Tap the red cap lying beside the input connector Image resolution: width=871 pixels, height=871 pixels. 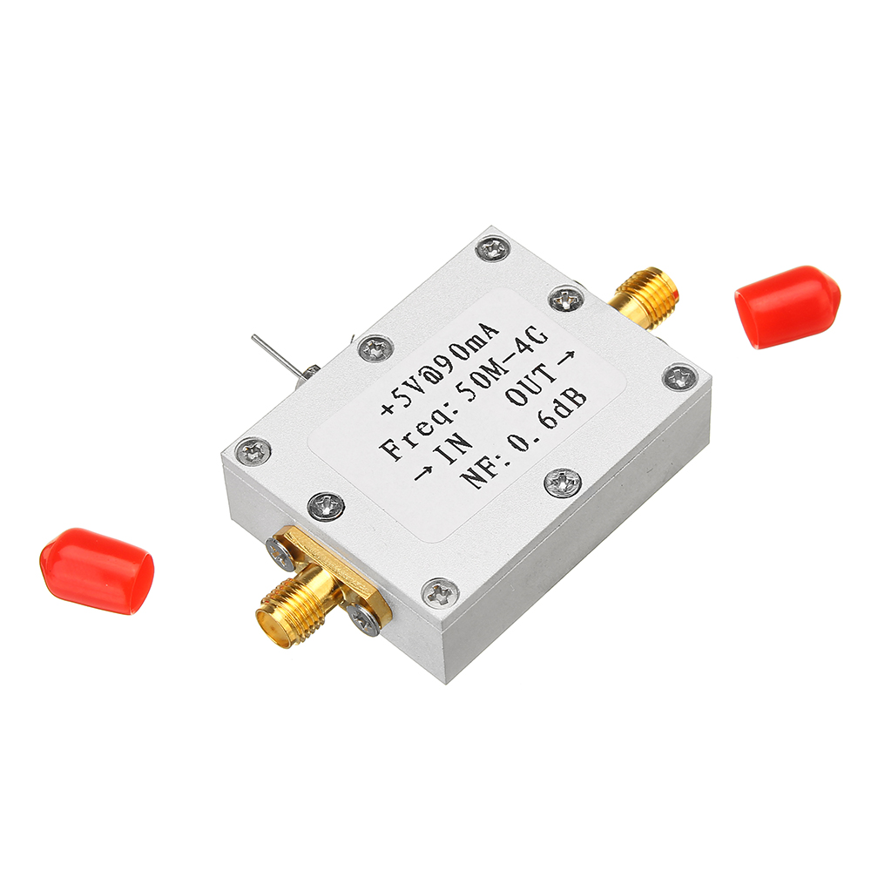[97, 570]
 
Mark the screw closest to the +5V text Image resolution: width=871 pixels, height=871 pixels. [375, 348]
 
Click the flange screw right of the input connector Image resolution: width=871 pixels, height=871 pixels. [363, 619]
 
